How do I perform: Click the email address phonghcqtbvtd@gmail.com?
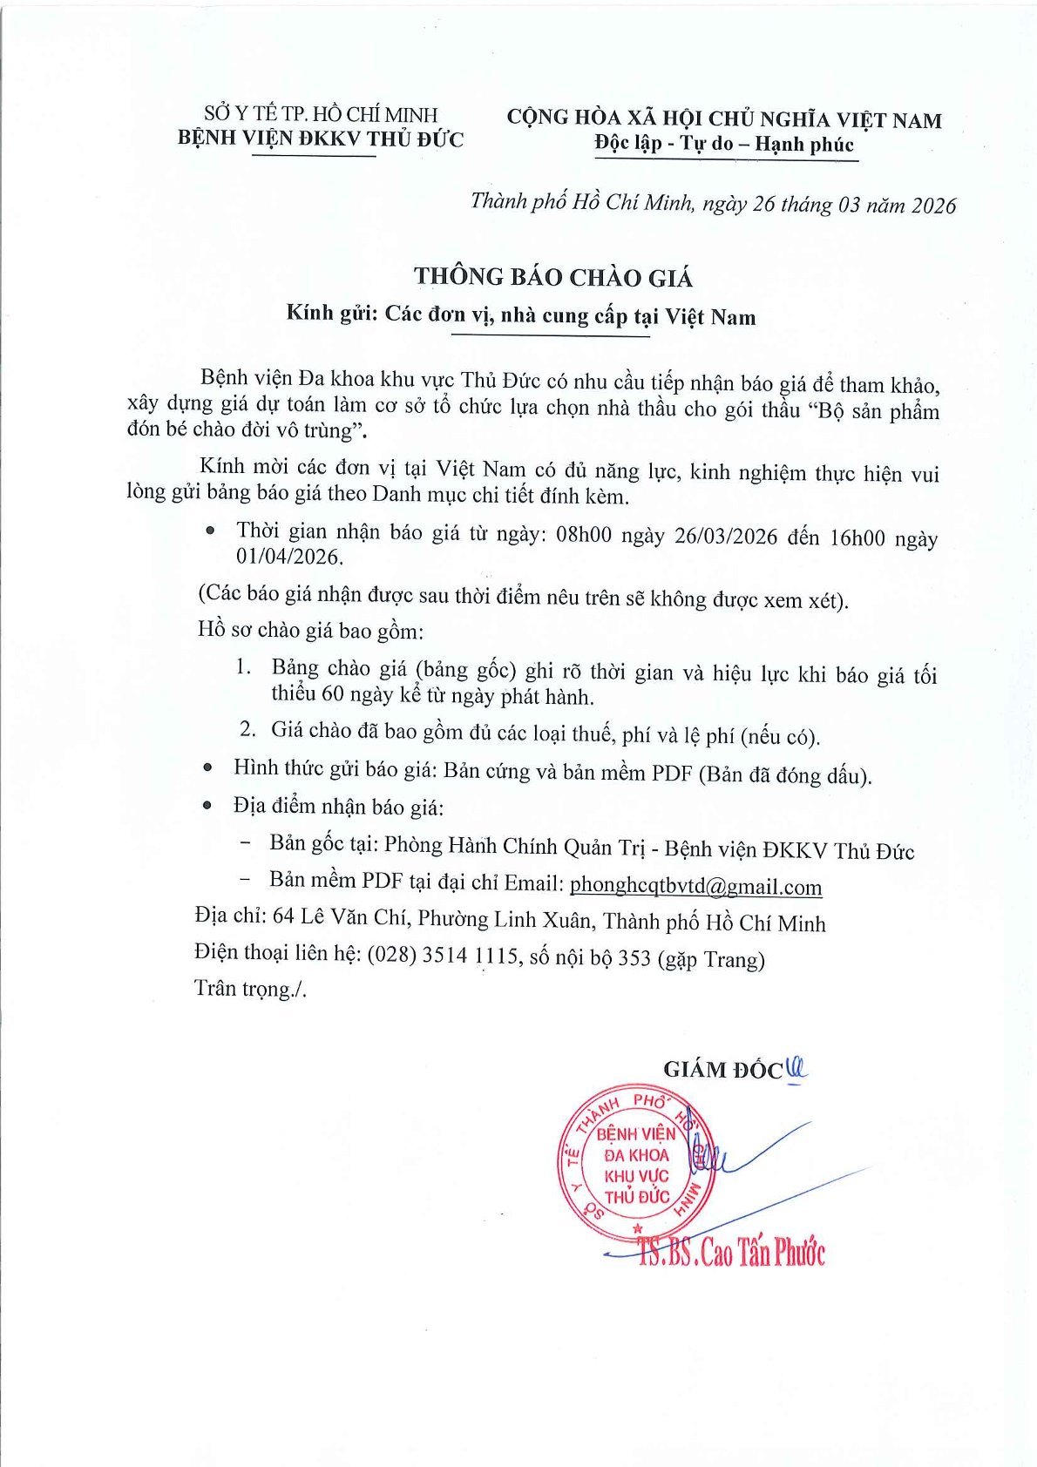tap(695, 886)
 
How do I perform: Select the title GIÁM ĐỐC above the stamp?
tap(722, 1070)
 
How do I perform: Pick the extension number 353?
tap(634, 957)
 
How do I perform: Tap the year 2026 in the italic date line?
tap(933, 206)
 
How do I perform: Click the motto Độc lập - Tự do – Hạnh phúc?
tap(724, 145)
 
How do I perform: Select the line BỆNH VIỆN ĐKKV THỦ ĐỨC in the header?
tap(321, 139)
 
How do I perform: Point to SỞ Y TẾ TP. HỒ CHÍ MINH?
tap(321, 114)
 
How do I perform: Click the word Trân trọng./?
tap(250, 989)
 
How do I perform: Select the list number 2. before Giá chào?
tap(247, 729)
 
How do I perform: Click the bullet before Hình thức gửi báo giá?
tap(207, 767)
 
